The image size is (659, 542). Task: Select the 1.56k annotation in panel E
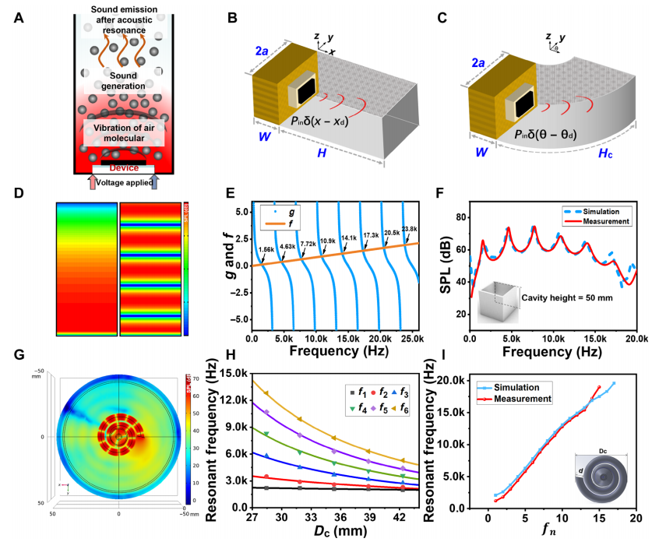[x=266, y=248]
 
